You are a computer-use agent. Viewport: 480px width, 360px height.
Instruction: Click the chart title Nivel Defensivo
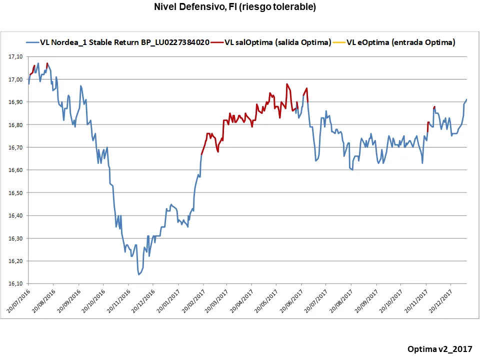(x=234, y=7)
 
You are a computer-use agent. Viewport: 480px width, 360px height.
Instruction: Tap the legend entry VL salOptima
(x=278, y=42)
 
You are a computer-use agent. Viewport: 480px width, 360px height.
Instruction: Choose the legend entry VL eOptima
(x=400, y=42)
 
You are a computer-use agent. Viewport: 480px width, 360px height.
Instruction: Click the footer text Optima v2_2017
(x=439, y=348)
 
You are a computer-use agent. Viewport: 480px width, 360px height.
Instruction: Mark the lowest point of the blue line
(x=139, y=274)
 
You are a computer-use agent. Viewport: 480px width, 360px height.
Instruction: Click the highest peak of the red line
(x=287, y=84)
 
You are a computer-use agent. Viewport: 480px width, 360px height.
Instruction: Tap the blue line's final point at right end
(x=466, y=99)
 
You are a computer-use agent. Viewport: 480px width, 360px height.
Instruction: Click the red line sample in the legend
(x=217, y=42)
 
